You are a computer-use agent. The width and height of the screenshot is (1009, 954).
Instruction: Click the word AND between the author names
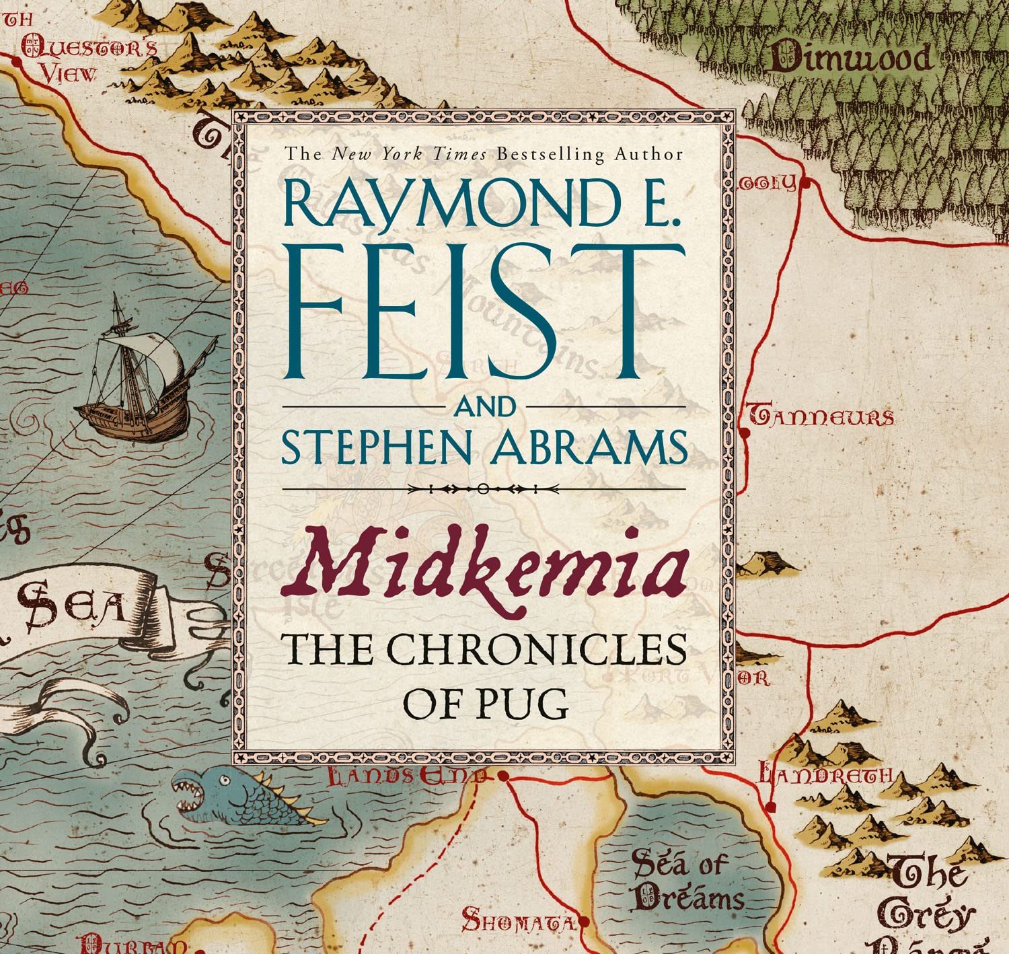pos(486,408)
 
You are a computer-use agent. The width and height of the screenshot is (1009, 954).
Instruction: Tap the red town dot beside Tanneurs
pos(745,433)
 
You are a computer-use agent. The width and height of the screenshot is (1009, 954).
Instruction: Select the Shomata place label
pos(518,920)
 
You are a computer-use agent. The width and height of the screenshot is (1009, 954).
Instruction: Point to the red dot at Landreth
pos(771,805)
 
